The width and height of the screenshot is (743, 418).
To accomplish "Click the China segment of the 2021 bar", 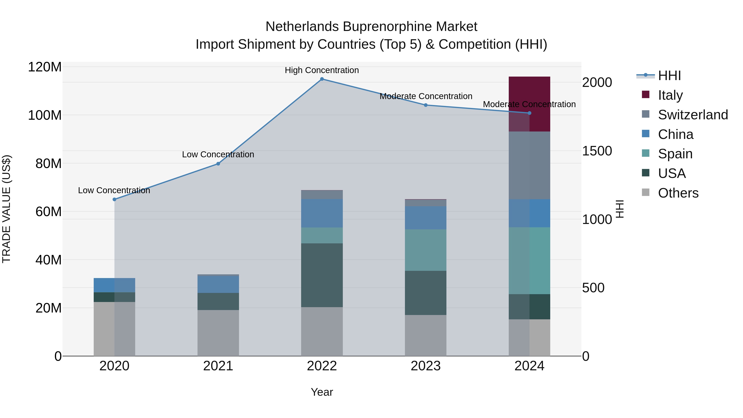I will (218, 284).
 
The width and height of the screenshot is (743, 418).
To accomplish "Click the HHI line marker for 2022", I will (322, 79).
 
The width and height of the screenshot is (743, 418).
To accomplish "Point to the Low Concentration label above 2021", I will (218, 155).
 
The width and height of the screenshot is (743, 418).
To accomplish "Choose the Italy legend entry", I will (670, 95).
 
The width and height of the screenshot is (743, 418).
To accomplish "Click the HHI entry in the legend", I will (669, 76).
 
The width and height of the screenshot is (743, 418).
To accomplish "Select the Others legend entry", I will (678, 193).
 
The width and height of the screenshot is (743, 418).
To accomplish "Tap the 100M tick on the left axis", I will (45, 115).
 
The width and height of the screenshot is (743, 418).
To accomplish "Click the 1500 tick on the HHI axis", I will (597, 151).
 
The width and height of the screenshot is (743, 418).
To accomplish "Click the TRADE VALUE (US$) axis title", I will (6, 209).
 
